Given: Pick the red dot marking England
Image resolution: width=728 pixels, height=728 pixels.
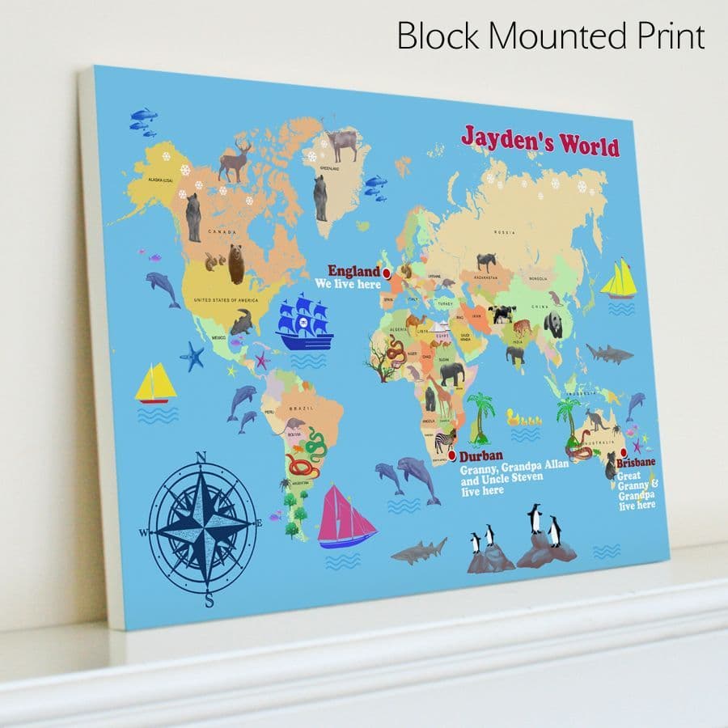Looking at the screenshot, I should click(x=387, y=273).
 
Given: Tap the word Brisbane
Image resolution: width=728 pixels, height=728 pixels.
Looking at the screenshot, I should click(x=636, y=463).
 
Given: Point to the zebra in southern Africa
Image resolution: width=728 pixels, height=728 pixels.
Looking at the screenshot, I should click(x=446, y=441).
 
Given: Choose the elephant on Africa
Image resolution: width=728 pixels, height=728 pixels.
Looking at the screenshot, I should click(x=451, y=373).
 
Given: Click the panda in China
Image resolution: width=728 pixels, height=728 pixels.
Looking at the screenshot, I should click(x=553, y=324).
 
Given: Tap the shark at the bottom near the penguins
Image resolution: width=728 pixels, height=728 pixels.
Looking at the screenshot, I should click(x=419, y=550).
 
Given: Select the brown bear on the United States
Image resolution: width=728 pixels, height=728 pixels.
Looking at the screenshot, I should click(x=235, y=264).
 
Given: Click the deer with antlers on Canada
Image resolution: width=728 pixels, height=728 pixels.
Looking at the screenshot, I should click(x=235, y=161).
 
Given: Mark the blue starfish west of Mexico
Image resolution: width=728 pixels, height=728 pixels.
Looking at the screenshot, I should click(x=193, y=356).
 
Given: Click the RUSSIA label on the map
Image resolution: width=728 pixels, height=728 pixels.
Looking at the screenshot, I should click(x=504, y=233).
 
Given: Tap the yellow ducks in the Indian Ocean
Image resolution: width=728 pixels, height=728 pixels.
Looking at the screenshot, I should click(x=523, y=418).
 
